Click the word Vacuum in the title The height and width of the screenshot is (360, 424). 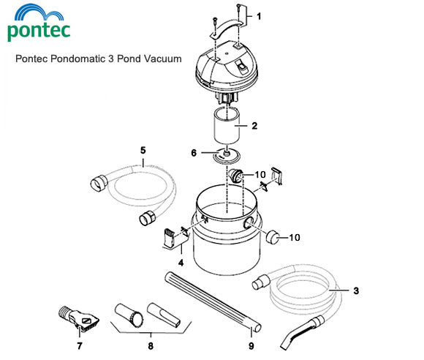[x=162, y=59]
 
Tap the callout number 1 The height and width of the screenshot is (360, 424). [x=257, y=15]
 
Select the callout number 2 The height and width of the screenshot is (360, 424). [x=254, y=126]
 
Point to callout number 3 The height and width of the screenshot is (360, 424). [x=355, y=291]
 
